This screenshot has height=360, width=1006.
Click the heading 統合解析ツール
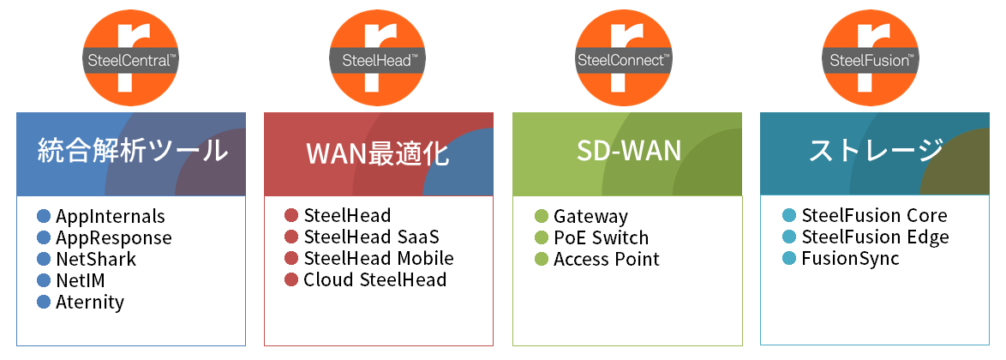[x=133, y=152]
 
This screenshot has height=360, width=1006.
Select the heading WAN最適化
[x=377, y=153]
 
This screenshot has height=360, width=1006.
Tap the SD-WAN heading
[x=629, y=152]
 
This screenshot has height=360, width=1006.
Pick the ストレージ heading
[x=876, y=152]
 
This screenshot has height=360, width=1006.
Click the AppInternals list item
[x=110, y=217]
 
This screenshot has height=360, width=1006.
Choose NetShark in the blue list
[x=96, y=259]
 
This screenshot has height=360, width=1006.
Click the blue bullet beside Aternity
[x=45, y=302]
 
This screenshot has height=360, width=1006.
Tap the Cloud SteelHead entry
[x=374, y=279]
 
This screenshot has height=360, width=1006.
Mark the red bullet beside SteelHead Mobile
[x=291, y=258]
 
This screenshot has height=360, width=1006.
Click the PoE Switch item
[x=601, y=238]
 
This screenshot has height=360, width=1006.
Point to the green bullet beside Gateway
[x=541, y=217]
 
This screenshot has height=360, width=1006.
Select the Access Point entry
[x=607, y=259]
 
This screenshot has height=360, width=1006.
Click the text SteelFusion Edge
[x=875, y=237]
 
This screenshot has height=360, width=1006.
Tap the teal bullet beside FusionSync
[x=789, y=258]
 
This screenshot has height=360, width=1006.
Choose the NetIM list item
[x=86, y=280]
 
